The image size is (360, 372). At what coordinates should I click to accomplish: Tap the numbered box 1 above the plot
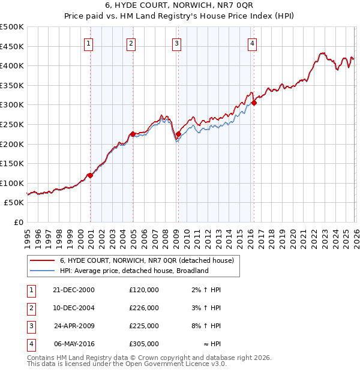(x=89, y=43)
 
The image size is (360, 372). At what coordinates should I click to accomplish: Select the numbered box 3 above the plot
(x=176, y=43)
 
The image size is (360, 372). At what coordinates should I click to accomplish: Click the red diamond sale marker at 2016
(x=254, y=103)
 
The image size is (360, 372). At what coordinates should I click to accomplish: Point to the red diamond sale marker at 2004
(x=133, y=134)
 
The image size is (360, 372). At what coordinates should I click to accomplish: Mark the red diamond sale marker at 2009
(x=179, y=134)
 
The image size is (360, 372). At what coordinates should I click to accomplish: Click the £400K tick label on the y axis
(x=12, y=66)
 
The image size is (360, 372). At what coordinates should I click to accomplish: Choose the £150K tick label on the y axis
(x=12, y=163)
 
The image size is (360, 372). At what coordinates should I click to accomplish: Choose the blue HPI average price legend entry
(x=133, y=271)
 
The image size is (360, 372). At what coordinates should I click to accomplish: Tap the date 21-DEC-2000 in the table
(x=73, y=289)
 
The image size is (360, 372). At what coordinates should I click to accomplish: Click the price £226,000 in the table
(x=143, y=308)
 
